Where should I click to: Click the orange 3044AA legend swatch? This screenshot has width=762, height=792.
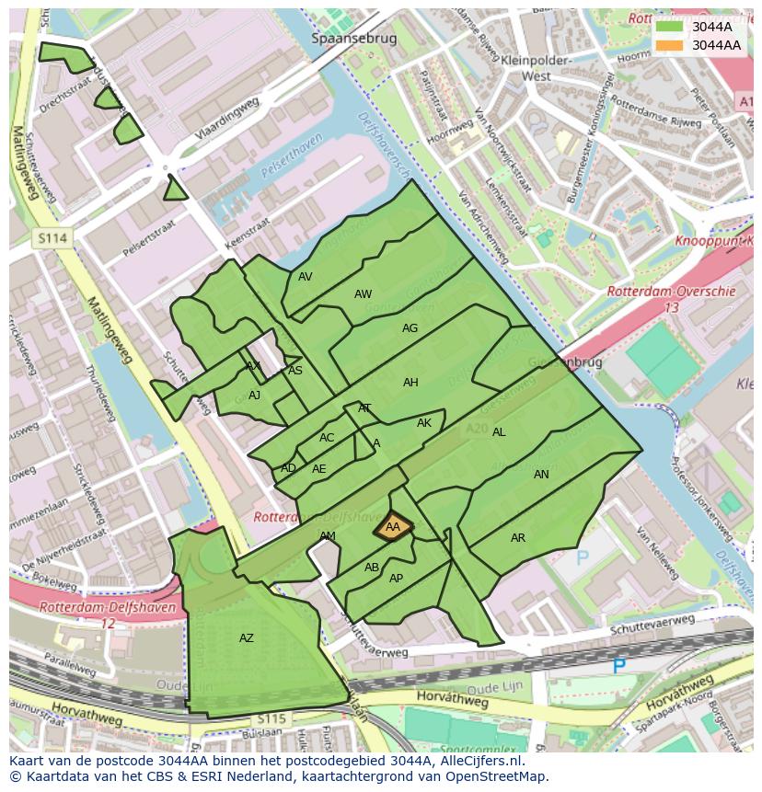(670, 45)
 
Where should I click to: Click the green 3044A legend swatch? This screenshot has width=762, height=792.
(670, 27)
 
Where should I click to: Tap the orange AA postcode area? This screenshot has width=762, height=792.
(393, 527)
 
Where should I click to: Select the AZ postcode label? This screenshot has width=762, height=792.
(247, 638)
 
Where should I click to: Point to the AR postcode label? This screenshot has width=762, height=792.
(518, 538)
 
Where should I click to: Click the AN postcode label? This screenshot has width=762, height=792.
(541, 475)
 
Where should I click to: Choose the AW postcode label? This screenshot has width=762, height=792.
(364, 294)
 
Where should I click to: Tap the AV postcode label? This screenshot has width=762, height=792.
(306, 276)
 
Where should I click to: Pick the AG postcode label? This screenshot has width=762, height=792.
(410, 328)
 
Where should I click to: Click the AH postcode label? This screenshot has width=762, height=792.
(410, 383)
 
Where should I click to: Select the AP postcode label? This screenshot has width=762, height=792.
(396, 579)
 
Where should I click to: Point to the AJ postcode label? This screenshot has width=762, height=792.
(255, 396)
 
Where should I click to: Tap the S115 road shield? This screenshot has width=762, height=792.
(271, 717)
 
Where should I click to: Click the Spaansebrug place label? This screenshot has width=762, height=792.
(353, 39)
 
